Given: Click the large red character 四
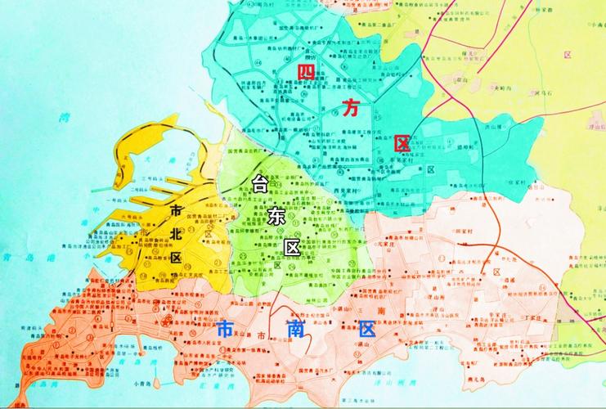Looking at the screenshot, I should tap(307, 73).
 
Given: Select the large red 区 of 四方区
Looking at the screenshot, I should tap(401, 142).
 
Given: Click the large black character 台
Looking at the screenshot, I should tap(262, 183).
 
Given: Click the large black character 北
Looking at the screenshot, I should tap(174, 233).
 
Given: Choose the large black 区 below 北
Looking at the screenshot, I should tap(175, 256).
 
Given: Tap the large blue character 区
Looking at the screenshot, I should tap(366, 329).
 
